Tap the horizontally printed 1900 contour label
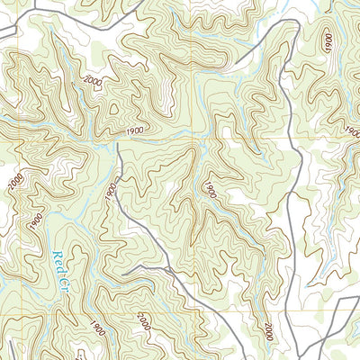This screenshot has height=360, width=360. (x=136, y=131)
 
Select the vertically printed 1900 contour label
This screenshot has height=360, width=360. (x=328, y=45)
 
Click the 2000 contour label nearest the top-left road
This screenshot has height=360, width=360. (x=92, y=82)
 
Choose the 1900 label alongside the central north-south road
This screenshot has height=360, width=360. (x=110, y=191)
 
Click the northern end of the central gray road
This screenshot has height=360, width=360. (x=117, y=144)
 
